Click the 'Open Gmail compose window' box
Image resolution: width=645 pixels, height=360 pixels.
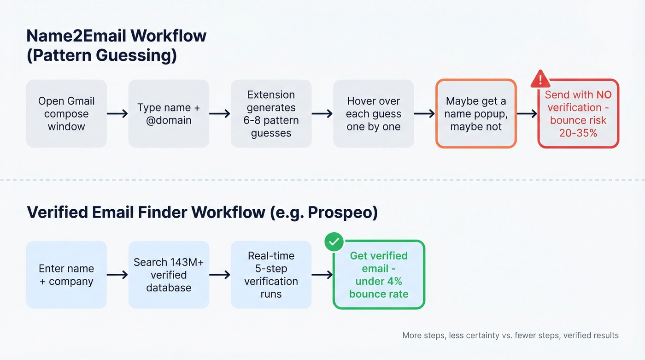click(x=66, y=114)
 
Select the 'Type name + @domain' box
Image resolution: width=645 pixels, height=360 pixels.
click(x=169, y=114)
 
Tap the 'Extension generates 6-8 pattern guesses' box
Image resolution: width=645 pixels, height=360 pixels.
click(x=271, y=114)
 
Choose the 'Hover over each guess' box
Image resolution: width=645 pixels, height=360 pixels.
click(x=373, y=114)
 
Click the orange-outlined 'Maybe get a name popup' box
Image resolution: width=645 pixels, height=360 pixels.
click(x=476, y=114)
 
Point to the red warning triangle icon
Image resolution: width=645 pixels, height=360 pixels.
click(x=540, y=79)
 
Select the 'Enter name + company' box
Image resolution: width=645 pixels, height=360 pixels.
click(x=66, y=275)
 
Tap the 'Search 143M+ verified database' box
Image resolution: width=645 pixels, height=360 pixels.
click(x=169, y=275)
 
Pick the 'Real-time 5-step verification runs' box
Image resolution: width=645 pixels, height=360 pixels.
click(x=271, y=275)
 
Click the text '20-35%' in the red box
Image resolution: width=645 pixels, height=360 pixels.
click(x=578, y=133)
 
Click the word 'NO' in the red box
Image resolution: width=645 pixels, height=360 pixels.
click(x=604, y=95)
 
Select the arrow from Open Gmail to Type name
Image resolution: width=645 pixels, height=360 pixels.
click(x=117, y=114)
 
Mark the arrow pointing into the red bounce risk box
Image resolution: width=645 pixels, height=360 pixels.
click(x=527, y=114)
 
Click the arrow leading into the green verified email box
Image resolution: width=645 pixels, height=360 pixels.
click(x=322, y=275)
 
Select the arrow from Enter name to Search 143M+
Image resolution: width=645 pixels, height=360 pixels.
click(x=117, y=275)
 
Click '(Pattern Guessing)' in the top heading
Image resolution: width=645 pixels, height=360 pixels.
click(x=101, y=55)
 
